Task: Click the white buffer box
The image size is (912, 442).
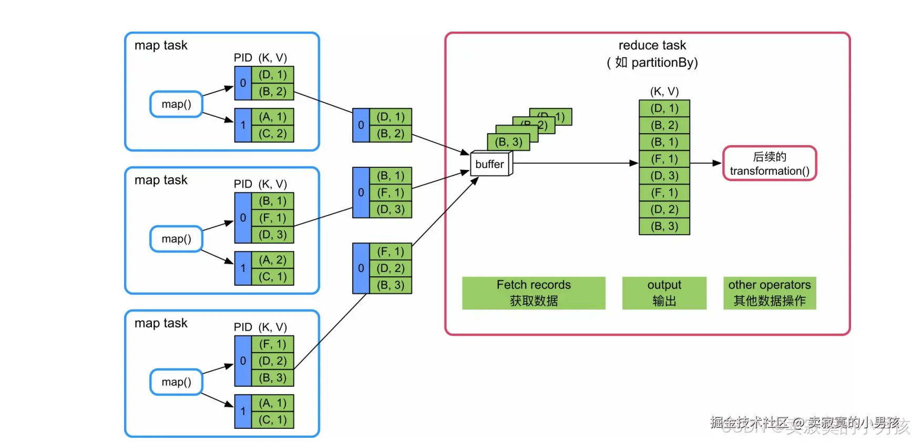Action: click(x=490, y=164)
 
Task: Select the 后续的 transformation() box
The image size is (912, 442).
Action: click(x=770, y=164)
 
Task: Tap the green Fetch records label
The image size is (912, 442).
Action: click(x=534, y=293)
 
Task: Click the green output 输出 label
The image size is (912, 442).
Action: click(x=664, y=293)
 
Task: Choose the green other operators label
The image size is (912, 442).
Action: click(x=770, y=293)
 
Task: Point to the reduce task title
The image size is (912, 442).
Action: click(x=652, y=45)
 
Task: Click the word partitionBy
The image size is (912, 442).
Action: click(x=664, y=63)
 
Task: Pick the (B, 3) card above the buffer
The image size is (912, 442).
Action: click(x=508, y=142)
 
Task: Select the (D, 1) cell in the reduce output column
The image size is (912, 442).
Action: click(x=664, y=108)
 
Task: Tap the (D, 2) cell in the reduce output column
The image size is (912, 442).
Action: click(x=664, y=209)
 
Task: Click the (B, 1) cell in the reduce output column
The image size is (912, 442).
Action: click(x=664, y=142)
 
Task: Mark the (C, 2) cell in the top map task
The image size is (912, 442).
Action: click(x=273, y=134)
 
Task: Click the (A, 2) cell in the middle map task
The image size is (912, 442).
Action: click(x=273, y=260)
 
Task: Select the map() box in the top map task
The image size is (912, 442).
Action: click(x=176, y=104)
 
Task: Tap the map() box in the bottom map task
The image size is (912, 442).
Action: click(x=176, y=382)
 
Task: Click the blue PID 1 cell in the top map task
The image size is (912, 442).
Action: click(x=243, y=125)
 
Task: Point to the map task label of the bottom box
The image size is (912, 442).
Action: click(x=161, y=323)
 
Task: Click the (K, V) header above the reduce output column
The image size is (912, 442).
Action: click(x=664, y=92)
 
